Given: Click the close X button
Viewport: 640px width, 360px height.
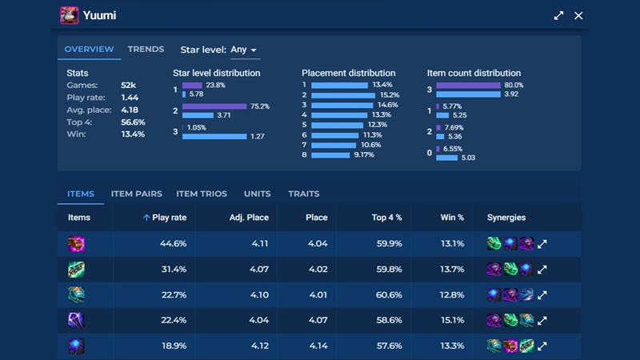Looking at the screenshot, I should [x=578, y=15].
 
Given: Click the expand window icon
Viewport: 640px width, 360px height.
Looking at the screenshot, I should [x=558, y=15].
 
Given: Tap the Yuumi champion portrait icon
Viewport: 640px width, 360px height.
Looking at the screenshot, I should [x=69, y=15].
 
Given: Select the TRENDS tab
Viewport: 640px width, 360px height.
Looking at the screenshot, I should [x=146, y=50].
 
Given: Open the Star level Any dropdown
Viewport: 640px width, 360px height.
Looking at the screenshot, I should [x=244, y=50].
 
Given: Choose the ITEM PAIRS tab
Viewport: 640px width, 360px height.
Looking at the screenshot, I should [x=136, y=194].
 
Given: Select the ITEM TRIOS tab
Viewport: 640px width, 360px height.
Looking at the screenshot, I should [x=202, y=194].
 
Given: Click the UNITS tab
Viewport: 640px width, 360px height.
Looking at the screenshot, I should [x=257, y=194].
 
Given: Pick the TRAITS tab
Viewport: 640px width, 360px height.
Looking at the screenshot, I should [x=303, y=194].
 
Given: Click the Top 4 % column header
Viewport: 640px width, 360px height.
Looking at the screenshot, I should [x=386, y=218].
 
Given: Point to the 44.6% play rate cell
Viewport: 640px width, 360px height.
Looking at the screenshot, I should [x=174, y=244].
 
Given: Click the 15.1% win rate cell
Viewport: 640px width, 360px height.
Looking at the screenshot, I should [x=452, y=320].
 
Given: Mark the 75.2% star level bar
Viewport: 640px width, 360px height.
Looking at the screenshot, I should [x=214, y=106].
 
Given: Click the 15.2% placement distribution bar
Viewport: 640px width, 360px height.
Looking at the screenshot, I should [x=342, y=95].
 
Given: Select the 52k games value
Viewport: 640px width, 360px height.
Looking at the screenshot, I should [x=128, y=86].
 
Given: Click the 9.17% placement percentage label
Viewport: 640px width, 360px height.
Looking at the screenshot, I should [x=363, y=154].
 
